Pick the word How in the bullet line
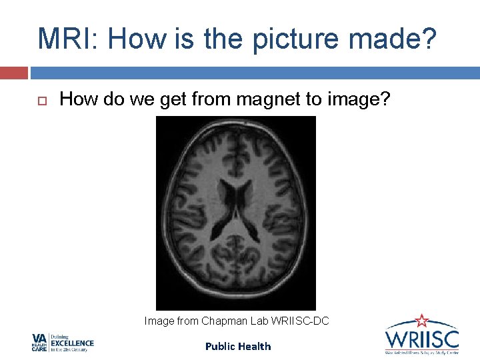(75, 99)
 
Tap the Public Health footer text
(238, 346)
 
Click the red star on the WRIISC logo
(421, 321)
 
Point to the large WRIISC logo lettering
(421, 337)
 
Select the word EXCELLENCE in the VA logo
(72, 343)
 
